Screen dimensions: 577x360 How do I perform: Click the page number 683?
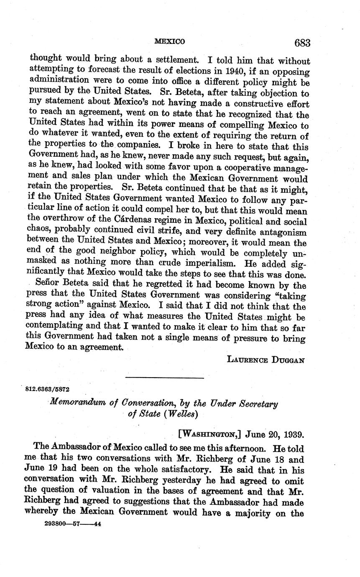[302, 43]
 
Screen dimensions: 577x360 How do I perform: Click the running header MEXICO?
[169, 41]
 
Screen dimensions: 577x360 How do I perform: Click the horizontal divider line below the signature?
[164, 378]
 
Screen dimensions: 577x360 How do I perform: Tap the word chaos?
[39, 232]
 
